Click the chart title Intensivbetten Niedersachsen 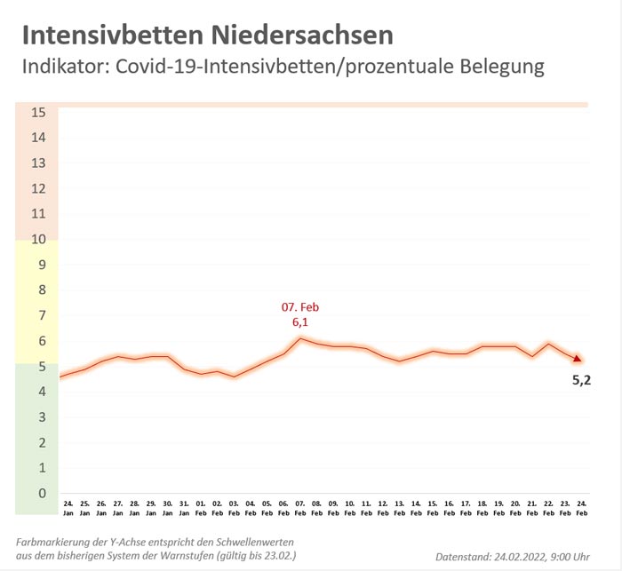(x=206, y=35)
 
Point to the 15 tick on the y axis (x=38, y=112)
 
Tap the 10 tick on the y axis (x=38, y=239)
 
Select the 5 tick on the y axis (x=38, y=366)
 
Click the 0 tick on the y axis (x=38, y=493)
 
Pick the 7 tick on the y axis (x=38, y=315)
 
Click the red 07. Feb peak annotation (x=299, y=307)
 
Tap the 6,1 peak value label (x=299, y=323)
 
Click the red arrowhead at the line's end (x=578, y=359)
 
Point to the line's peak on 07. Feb (x=300, y=338)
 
